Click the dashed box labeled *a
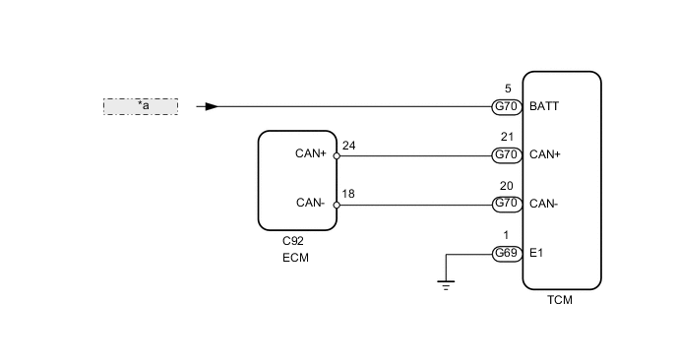pos(141,106)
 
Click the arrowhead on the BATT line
pos(212,106)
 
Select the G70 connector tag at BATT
pos(506,106)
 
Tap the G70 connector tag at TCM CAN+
pos(506,155)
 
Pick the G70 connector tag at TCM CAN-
pos(506,204)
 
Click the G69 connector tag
pos(506,254)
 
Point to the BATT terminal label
pos(544,106)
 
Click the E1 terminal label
pos(536,254)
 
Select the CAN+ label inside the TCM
pos(545,155)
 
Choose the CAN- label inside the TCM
pos(544,204)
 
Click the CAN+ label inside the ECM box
pos(311,153)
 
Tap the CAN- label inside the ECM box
pos(311,204)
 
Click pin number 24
pos(348,146)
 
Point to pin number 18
pos(348,195)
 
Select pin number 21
pos(506,138)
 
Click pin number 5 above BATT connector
pos(506,89)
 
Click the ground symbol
pos(447,285)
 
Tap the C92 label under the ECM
pos(292,240)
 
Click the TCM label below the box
pos(559,300)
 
